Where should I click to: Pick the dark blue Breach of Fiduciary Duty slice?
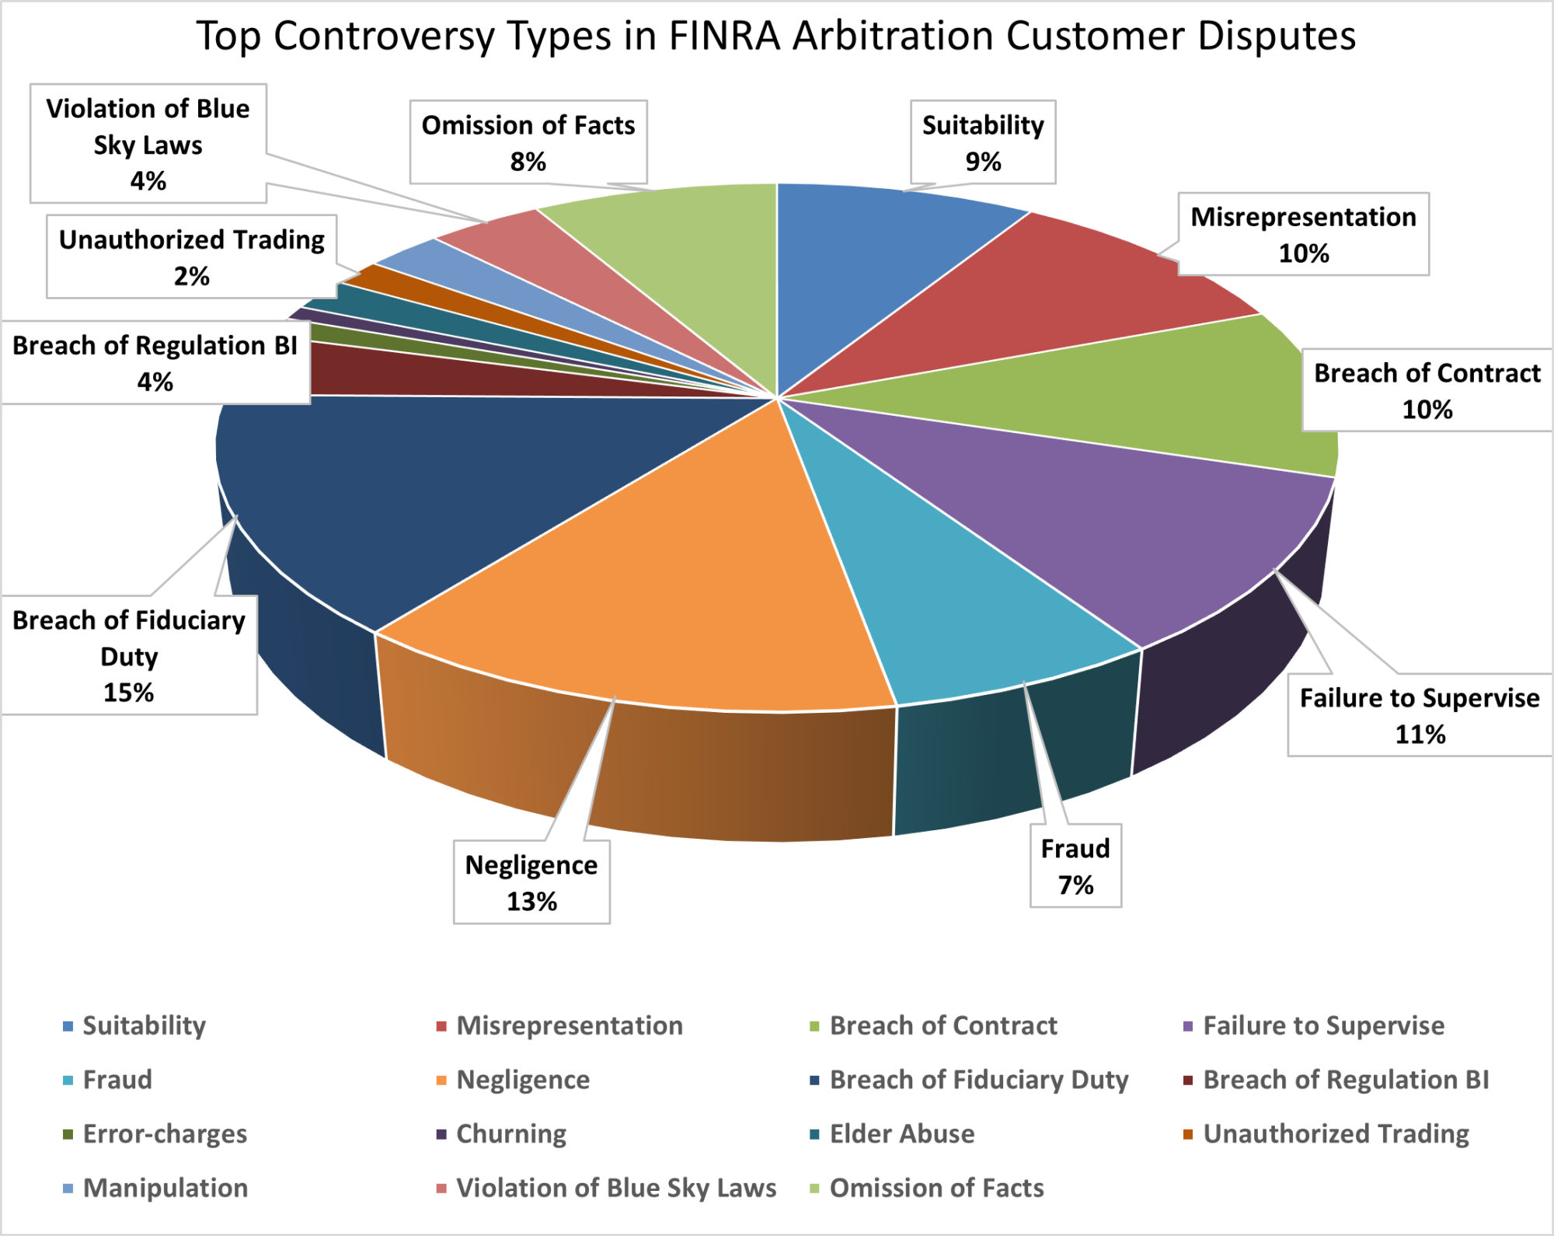tap(435, 482)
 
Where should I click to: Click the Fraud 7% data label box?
tap(1075, 866)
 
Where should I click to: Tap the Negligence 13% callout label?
tap(531, 882)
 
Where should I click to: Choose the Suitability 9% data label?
tap(983, 142)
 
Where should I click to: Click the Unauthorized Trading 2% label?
tap(191, 257)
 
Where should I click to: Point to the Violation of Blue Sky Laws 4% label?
tap(148, 144)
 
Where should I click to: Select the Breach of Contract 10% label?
tap(1427, 390)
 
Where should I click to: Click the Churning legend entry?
tap(510, 1134)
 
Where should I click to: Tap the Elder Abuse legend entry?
tap(901, 1134)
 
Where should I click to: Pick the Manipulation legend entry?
tap(165, 1188)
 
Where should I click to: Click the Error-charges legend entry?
tap(165, 1134)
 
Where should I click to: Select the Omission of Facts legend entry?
tap(936, 1188)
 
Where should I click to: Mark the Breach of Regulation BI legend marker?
tap(1187, 1081)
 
